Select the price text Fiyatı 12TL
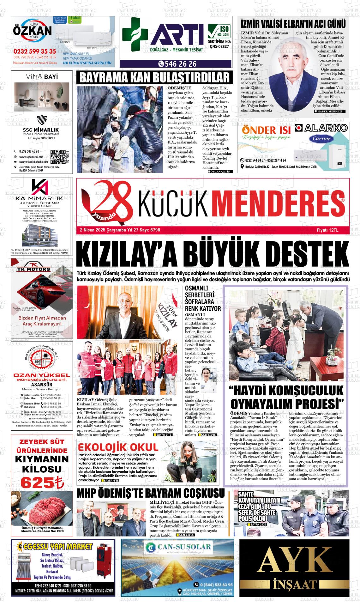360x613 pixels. pos(327,230)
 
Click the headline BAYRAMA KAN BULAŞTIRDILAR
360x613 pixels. pos(154,78)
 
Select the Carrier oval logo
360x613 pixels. pos(321,138)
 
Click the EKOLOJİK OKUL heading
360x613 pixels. pos(118,447)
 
